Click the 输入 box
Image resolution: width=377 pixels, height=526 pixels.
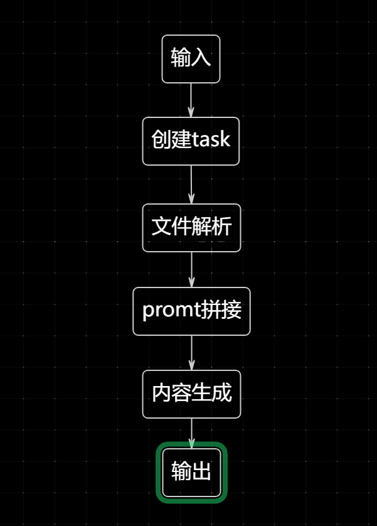point(191,59)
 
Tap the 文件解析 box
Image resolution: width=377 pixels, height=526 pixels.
point(191,227)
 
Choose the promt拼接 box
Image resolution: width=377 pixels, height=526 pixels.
point(191,311)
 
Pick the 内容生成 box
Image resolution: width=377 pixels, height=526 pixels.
point(191,394)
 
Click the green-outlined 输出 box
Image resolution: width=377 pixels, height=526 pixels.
point(191,472)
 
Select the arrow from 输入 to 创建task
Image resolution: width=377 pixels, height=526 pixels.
point(191,100)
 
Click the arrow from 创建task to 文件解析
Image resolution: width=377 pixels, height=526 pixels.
point(191,185)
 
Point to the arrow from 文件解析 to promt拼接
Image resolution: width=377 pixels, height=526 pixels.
point(191,269)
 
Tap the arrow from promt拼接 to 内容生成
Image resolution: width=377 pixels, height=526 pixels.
point(191,353)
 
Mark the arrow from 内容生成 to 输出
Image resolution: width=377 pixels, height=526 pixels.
point(191,432)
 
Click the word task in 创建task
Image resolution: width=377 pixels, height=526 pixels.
point(211,140)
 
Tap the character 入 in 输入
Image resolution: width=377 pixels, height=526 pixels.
point(201,58)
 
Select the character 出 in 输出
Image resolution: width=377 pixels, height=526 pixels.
point(201,472)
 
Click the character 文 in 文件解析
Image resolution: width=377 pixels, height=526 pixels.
point(161,227)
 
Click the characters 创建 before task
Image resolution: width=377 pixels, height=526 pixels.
point(171,140)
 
